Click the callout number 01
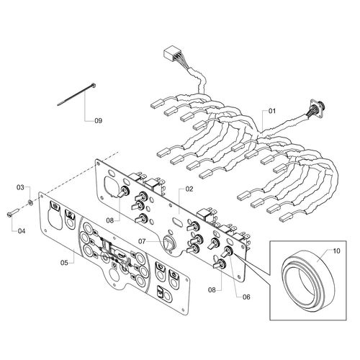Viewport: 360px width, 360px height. point(272,112)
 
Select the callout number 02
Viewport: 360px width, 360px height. point(189,189)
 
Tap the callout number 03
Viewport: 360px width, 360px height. point(21,188)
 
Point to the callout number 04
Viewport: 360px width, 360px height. point(21,231)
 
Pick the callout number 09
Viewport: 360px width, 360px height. point(99,120)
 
